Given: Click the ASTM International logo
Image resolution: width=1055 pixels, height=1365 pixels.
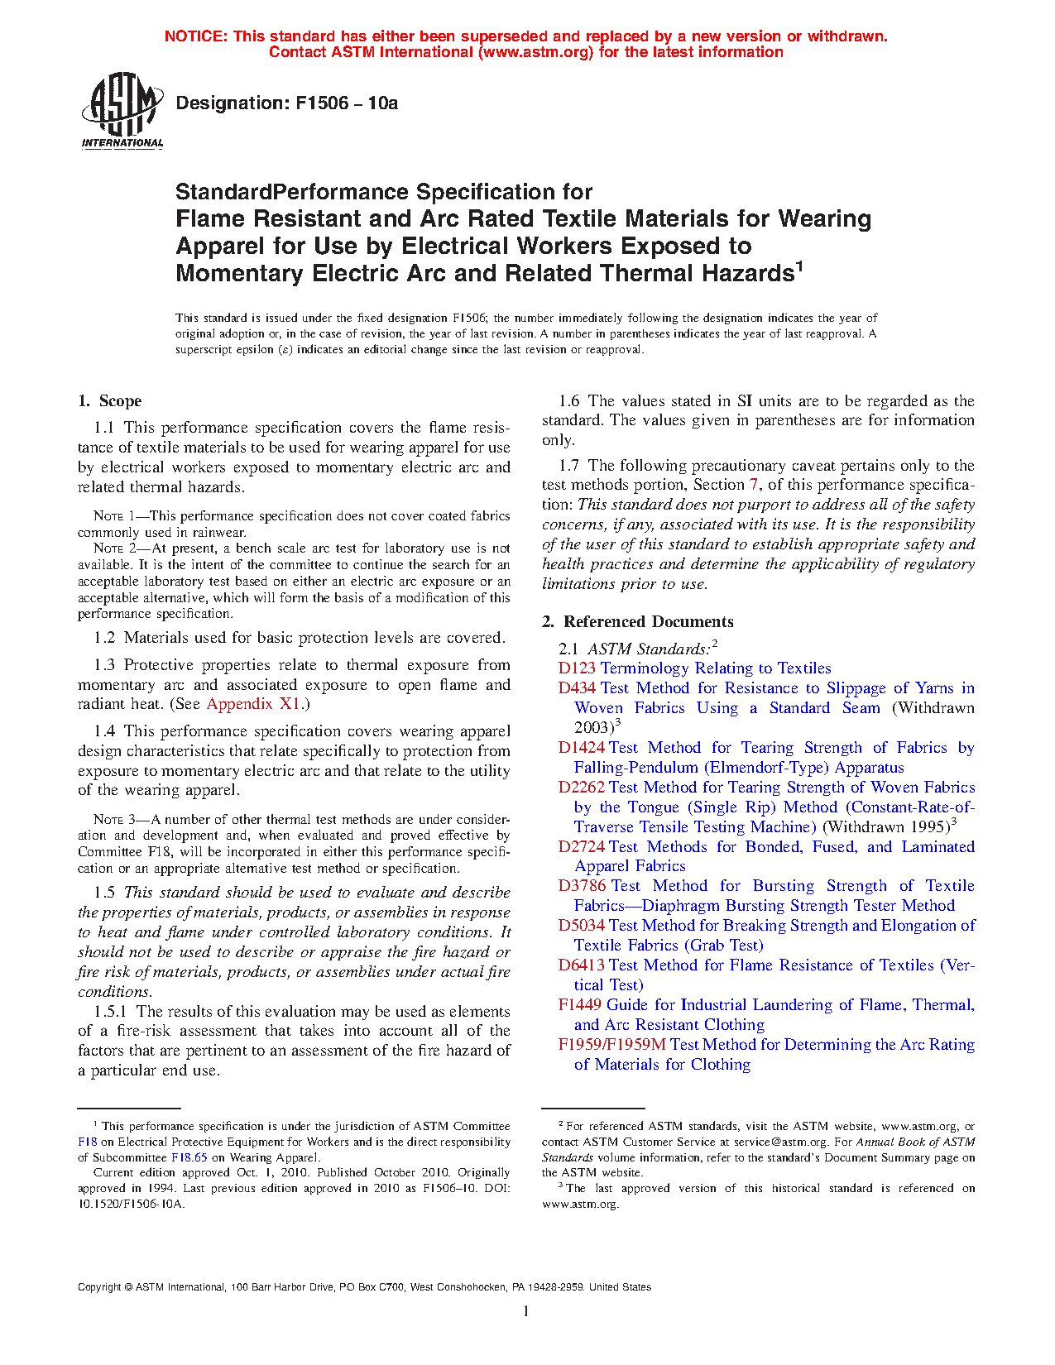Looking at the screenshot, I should click(x=122, y=110).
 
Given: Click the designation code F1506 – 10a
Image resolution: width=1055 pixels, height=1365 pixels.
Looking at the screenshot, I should click(x=286, y=103).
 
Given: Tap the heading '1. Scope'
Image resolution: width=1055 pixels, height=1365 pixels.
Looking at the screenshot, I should click(x=110, y=401).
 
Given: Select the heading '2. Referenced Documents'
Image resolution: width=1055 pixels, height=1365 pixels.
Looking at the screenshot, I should click(x=638, y=622).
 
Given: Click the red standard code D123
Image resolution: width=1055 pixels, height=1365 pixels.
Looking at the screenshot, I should click(x=577, y=668).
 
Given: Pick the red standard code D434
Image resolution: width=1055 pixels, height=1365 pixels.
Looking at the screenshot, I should click(x=577, y=688).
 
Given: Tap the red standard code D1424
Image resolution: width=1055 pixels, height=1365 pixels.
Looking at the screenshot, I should click(x=581, y=748).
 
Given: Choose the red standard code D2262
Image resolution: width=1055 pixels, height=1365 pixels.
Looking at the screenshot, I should click(x=581, y=788).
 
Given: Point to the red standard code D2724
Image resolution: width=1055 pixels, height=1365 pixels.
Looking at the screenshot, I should click(x=581, y=847).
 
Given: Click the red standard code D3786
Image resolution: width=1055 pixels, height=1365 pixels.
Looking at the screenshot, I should click(x=582, y=886).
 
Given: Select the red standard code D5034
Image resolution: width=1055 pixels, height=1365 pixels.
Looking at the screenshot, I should click(x=581, y=926).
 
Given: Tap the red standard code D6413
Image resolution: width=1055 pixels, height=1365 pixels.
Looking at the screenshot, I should click(x=581, y=965).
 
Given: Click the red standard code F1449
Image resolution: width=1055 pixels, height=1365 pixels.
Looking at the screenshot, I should click(x=580, y=1005).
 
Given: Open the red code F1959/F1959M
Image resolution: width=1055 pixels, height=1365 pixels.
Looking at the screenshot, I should click(x=611, y=1045).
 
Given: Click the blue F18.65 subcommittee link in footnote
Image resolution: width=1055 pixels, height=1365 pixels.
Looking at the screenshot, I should click(x=189, y=1158).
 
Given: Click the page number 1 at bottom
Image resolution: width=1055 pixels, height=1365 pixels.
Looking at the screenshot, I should click(x=526, y=1311).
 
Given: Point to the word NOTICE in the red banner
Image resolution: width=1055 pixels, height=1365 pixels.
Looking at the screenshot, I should click(x=195, y=36).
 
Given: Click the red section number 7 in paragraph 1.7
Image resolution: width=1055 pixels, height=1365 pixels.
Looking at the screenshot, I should click(x=754, y=486).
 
